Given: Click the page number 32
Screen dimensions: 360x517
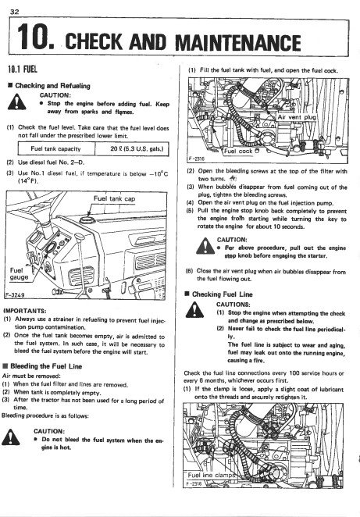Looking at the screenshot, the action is pyautogui.click(x=15, y=12).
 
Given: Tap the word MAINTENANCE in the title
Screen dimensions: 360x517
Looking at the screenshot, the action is pyautogui.click(x=238, y=42).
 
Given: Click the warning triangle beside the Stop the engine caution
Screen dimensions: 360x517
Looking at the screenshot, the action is pyautogui.click(x=16, y=102).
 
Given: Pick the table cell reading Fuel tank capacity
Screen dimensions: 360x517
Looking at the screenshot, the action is pyautogui.click(x=55, y=148).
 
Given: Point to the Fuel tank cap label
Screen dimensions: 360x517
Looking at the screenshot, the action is pyautogui.click(x=114, y=198).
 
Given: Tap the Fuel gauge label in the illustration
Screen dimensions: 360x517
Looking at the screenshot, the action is pyautogui.click(x=19, y=274).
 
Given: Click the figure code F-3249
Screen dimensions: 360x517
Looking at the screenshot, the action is pyautogui.click(x=15, y=295).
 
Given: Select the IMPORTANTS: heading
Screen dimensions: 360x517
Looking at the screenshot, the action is pyautogui.click(x=25, y=311).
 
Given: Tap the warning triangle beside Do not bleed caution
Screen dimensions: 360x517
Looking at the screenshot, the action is pyautogui.click(x=11, y=437).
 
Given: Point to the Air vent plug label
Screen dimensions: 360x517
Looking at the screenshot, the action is pyautogui.click(x=297, y=117).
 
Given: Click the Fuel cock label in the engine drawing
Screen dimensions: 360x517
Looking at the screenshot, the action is pyautogui.click(x=241, y=152).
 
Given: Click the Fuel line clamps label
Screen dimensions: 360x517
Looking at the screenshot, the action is pyautogui.click(x=211, y=475).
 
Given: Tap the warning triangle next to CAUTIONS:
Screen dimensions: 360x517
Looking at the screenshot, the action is pyautogui.click(x=194, y=310).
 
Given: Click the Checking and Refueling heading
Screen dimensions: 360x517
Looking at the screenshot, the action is pyautogui.click(x=49, y=86).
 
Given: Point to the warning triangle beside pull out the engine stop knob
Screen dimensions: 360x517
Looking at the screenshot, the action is pyautogui.click(x=205, y=246).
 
